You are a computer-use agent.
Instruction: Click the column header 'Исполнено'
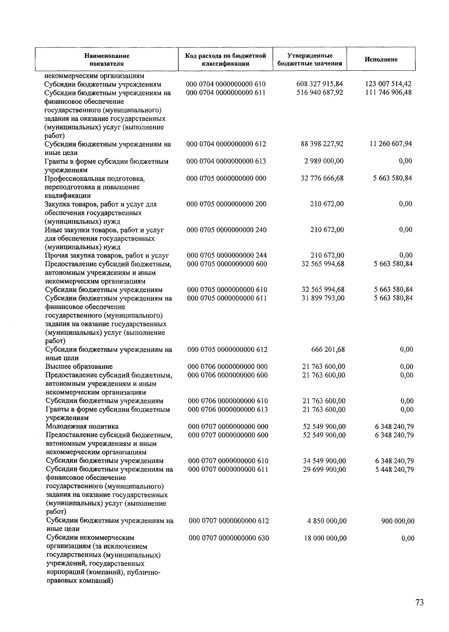(381, 60)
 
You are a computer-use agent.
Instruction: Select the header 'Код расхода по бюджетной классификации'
(226, 60)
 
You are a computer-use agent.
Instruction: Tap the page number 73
(419, 602)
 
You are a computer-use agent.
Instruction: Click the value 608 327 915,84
(320, 84)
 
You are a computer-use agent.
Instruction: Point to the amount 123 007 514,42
(388, 84)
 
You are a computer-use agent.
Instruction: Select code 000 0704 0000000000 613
(226, 161)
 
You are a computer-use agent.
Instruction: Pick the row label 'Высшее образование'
(79, 367)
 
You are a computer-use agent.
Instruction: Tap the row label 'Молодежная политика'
(82, 426)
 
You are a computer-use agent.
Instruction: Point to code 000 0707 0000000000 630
(229, 538)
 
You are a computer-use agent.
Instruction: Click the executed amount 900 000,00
(398, 521)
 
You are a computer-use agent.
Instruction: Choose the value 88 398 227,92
(322, 144)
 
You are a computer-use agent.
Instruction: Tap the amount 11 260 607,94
(391, 144)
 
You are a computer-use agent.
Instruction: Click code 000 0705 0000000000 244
(227, 255)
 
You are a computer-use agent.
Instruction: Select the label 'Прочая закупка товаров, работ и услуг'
(107, 256)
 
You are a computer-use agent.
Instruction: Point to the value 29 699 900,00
(324, 470)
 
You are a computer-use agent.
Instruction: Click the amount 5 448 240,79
(394, 470)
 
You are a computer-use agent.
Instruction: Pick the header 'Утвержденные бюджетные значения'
(310, 60)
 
